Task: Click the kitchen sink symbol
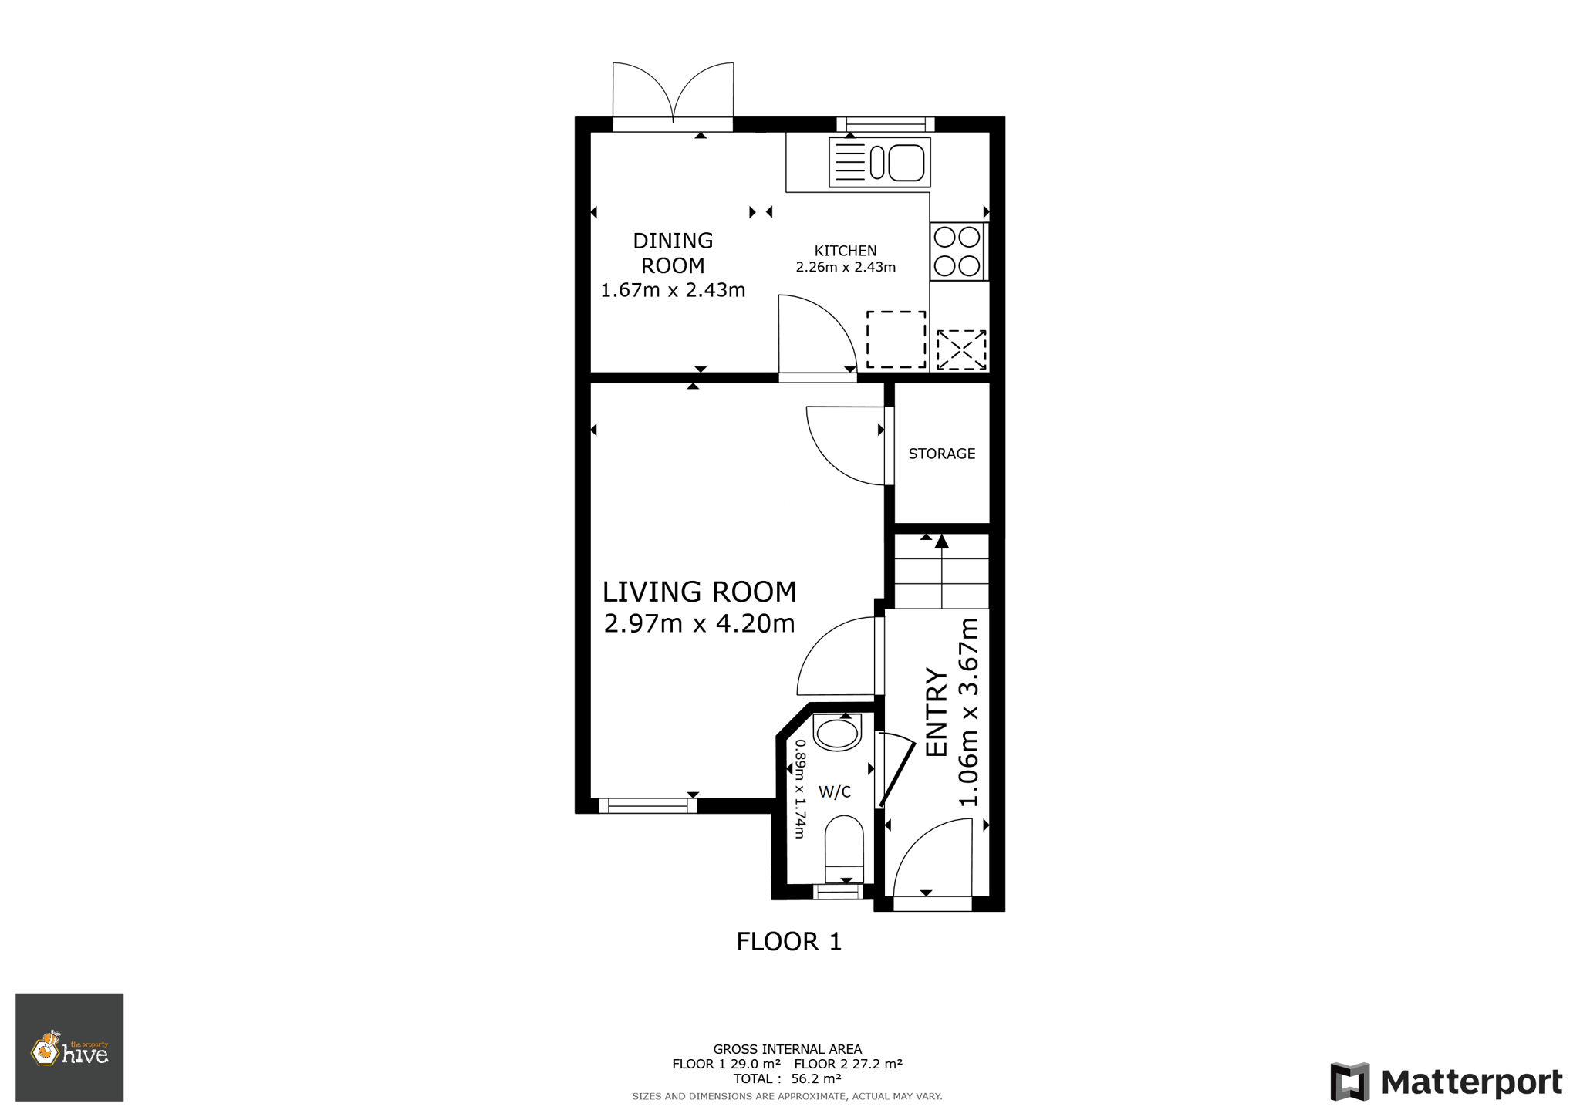click(879, 162)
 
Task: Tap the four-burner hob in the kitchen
click(957, 251)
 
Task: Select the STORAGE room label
click(942, 454)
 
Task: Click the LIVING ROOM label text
click(699, 592)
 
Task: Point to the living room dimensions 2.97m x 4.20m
click(699, 623)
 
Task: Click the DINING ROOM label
click(673, 253)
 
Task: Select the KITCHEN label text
click(846, 251)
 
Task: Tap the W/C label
click(835, 792)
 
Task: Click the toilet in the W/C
click(845, 849)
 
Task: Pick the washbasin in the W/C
click(837, 732)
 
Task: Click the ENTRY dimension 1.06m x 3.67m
click(968, 712)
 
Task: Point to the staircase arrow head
click(942, 542)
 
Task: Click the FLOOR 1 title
click(788, 942)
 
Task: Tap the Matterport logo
click(1447, 1082)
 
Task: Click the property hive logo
click(69, 1048)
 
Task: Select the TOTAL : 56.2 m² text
click(787, 1079)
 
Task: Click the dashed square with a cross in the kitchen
click(961, 349)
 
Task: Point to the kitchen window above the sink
click(886, 124)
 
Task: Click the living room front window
click(648, 806)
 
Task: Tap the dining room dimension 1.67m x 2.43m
click(673, 290)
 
